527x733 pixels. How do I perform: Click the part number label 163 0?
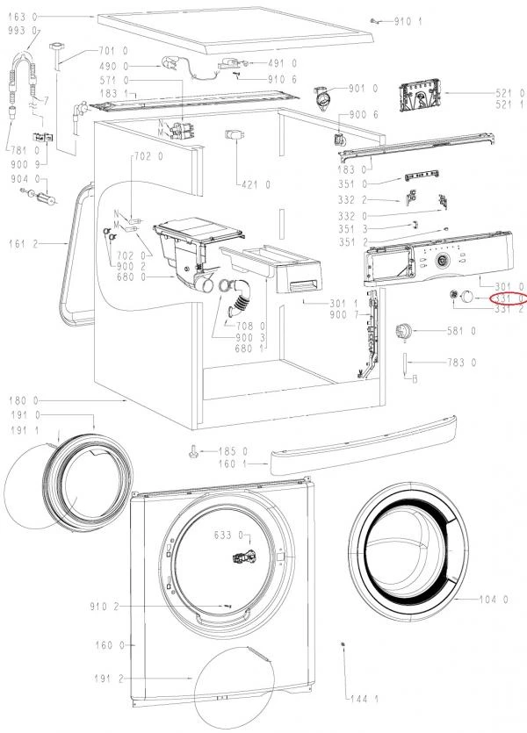21,17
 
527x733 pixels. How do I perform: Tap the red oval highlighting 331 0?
507,298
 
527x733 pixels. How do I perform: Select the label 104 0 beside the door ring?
494,600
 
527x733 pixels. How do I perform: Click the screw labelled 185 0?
193,452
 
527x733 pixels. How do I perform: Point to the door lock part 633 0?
239,557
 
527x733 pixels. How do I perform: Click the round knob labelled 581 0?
405,332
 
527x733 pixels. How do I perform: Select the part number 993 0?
21,31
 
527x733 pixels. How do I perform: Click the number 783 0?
461,362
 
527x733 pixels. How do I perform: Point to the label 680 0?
132,277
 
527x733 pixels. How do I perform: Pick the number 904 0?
21,179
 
